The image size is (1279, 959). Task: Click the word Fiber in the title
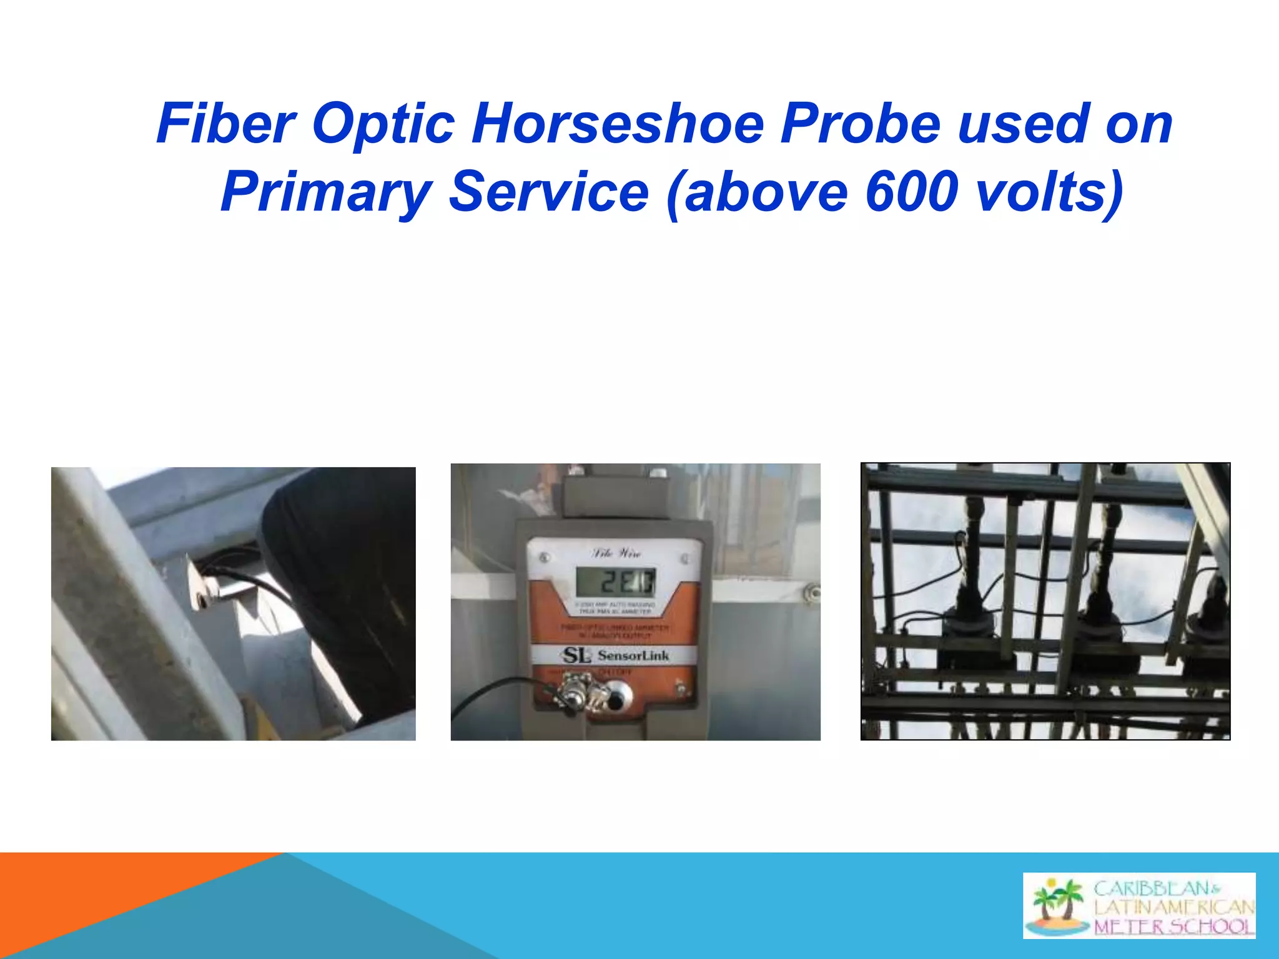pos(225,124)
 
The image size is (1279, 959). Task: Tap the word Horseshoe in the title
pos(618,124)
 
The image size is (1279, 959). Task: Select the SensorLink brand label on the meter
pos(615,656)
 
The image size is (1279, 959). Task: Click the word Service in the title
pos(550,192)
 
